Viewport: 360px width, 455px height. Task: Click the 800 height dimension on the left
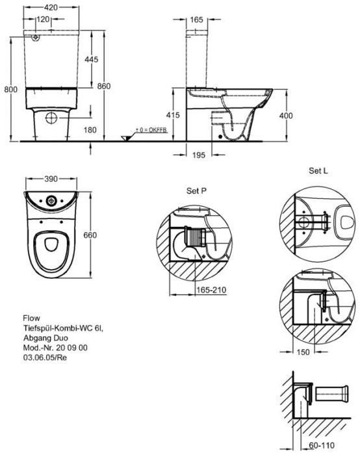(8, 91)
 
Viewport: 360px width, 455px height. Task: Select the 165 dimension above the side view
(197, 20)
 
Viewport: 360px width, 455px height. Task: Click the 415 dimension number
(172, 114)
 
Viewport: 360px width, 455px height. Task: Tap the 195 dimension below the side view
(199, 154)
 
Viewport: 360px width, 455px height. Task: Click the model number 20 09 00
(66, 348)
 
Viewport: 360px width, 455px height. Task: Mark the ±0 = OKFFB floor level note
(150, 130)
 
